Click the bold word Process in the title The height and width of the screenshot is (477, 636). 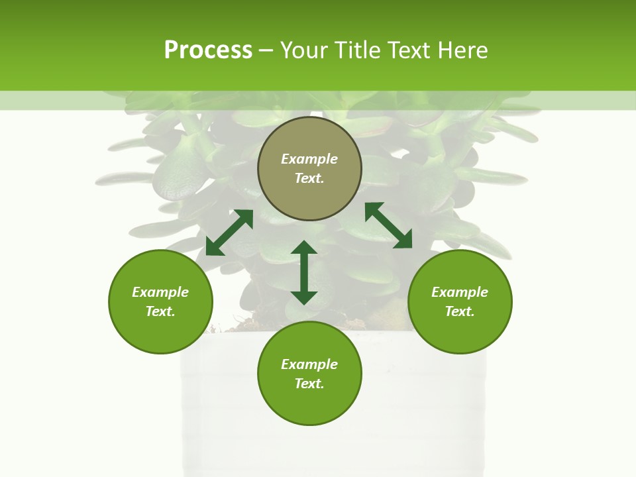pyautogui.click(x=208, y=50)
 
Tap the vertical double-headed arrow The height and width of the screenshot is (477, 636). pyautogui.click(x=304, y=272)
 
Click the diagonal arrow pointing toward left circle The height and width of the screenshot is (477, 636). pyautogui.click(x=229, y=233)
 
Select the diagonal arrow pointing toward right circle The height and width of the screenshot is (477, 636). pyautogui.click(x=389, y=225)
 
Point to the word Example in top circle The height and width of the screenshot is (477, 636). pyautogui.click(x=309, y=159)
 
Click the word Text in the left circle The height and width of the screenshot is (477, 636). pyautogui.click(x=160, y=311)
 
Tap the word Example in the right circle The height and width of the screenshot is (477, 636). pyautogui.click(x=460, y=292)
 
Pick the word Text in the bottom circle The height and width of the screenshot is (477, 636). pyautogui.click(x=309, y=384)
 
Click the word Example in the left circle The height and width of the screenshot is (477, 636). pyautogui.click(x=160, y=292)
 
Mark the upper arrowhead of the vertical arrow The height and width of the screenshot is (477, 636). pyautogui.click(x=304, y=248)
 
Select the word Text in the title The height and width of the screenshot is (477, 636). pyautogui.click(x=408, y=50)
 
